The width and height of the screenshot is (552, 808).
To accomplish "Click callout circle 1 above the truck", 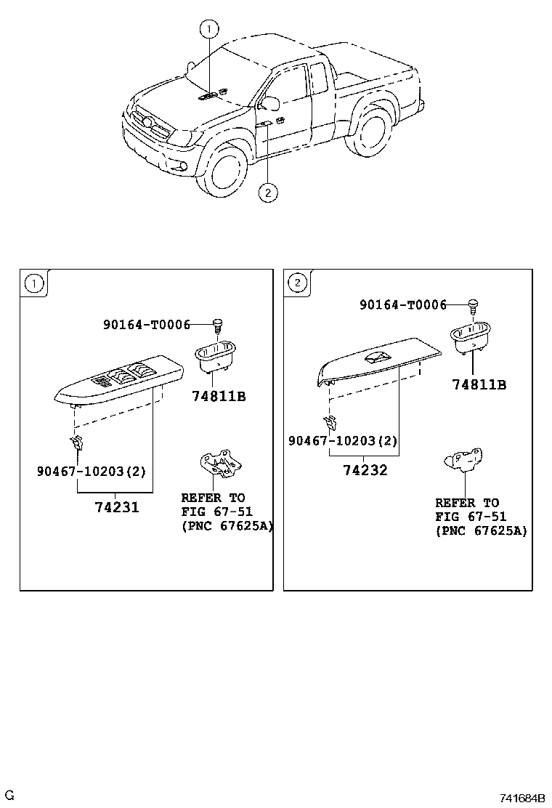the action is click(x=209, y=29).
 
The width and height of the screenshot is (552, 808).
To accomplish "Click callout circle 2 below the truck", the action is click(x=268, y=193).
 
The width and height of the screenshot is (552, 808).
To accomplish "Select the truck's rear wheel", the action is click(x=370, y=132).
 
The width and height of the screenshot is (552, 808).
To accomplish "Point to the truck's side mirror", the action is click(x=269, y=102).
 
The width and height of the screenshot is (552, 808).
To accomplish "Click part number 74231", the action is click(x=117, y=508).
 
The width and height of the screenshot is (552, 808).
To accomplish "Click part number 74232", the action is click(x=365, y=470).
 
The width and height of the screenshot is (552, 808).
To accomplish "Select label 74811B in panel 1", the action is click(x=219, y=396).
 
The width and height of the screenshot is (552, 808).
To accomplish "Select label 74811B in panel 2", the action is click(x=479, y=384).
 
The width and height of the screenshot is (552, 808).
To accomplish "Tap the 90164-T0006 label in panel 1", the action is click(x=147, y=325).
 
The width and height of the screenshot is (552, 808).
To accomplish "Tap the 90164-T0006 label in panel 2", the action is click(x=403, y=305).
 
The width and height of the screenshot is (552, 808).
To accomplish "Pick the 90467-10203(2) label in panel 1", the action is click(x=92, y=471).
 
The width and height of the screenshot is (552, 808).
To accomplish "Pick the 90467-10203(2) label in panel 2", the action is click(x=343, y=440).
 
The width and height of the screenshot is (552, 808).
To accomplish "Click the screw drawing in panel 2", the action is click(x=473, y=306).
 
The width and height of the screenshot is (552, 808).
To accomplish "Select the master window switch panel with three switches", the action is click(x=119, y=384).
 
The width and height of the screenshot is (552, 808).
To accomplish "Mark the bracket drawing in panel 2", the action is click(x=464, y=459).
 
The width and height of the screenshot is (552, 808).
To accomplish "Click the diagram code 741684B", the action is click(x=521, y=799).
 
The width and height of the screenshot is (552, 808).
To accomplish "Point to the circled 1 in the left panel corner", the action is click(x=35, y=283).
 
